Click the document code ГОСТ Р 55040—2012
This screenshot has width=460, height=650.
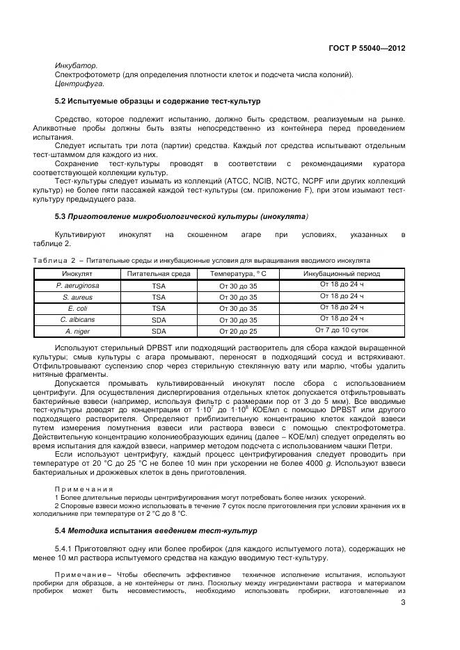coord(367,49)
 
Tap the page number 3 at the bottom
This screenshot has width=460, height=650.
coord(403,603)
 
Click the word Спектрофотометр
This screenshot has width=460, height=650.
coord(89,74)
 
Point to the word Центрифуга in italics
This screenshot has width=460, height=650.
coord(79,83)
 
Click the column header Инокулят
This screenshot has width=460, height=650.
coord(77,274)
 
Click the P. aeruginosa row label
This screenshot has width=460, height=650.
coord(77,285)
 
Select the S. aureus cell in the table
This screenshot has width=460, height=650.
coord(77,297)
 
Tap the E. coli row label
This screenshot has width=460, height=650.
coord(77,308)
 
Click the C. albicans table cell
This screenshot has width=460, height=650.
coord(77,320)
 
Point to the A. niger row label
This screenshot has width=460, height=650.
coord(77,331)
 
